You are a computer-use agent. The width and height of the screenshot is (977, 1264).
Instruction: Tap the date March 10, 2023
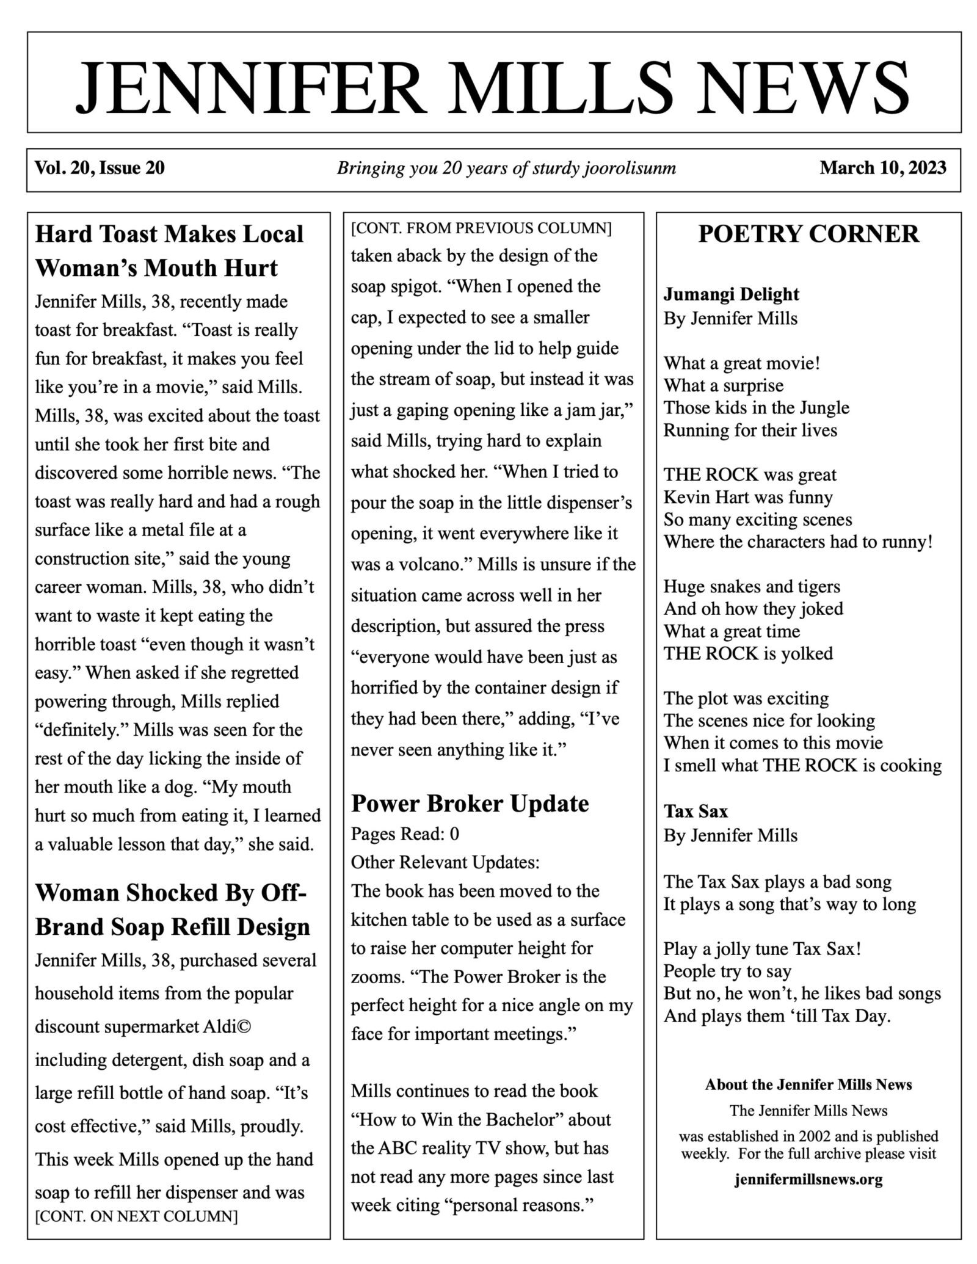point(882,167)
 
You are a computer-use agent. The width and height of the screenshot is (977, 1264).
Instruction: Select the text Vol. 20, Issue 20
point(100,167)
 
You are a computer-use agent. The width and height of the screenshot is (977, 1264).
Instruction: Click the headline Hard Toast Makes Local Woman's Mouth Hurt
point(169,250)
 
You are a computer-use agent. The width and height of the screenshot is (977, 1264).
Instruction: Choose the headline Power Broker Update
point(470,803)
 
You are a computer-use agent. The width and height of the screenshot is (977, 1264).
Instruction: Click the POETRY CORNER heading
point(808,234)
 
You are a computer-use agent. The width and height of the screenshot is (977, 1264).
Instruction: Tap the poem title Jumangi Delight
point(731,294)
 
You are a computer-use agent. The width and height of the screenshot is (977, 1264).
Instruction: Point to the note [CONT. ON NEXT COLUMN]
point(136,1216)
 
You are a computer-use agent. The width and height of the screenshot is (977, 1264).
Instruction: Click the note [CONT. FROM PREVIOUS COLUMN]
point(481,228)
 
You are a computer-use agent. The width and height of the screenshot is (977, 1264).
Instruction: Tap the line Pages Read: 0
point(405,833)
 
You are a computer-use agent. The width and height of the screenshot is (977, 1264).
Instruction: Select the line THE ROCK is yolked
point(748,653)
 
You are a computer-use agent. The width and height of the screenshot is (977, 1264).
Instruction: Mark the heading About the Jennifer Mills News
point(808,1084)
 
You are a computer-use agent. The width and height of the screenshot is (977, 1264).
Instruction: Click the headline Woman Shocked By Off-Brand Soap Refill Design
point(172,909)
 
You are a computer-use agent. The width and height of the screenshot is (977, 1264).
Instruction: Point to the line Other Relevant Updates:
point(445,862)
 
